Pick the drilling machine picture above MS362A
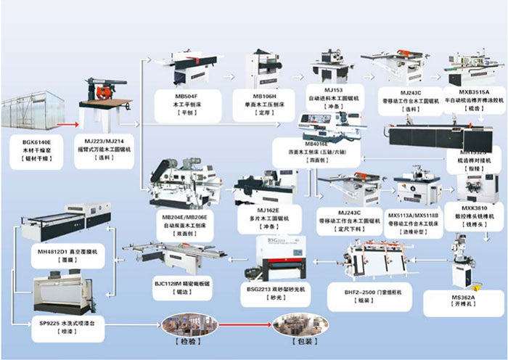tap(462, 262)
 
